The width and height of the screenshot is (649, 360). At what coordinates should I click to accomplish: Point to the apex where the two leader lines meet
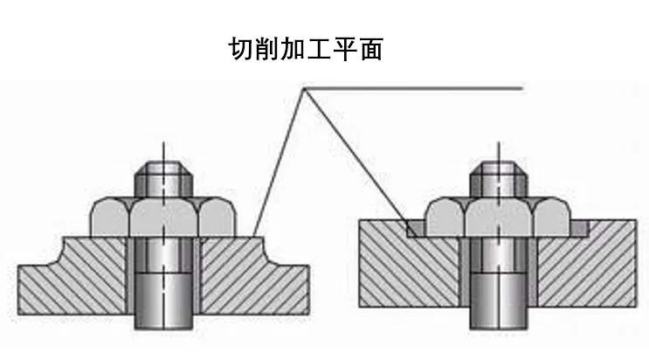point(303,88)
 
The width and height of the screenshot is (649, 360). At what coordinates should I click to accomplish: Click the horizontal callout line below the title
point(419,88)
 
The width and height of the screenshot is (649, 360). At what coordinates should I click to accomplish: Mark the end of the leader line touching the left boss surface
point(253,234)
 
